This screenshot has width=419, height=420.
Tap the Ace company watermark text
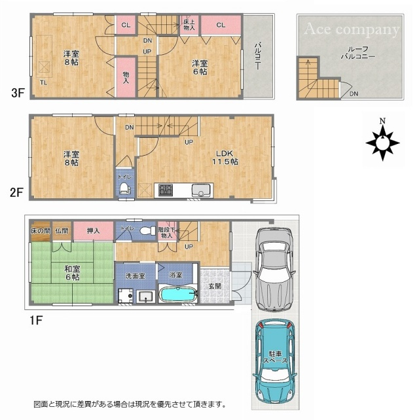click(x=351, y=29)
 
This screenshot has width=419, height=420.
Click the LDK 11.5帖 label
click(x=223, y=157)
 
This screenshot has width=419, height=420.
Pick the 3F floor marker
click(x=17, y=94)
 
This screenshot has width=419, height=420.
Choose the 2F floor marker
click(x=17, y=193)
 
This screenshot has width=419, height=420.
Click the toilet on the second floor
click(x=123, y=189)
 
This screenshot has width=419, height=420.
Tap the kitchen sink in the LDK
click(x=200, y=190)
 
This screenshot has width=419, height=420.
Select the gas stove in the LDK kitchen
click(x=164, y=190)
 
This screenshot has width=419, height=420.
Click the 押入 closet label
click(x=92, y=230)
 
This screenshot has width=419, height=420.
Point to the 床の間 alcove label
click(x=39, y=230)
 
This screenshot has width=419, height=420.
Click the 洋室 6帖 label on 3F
click(x=200, y=67)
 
